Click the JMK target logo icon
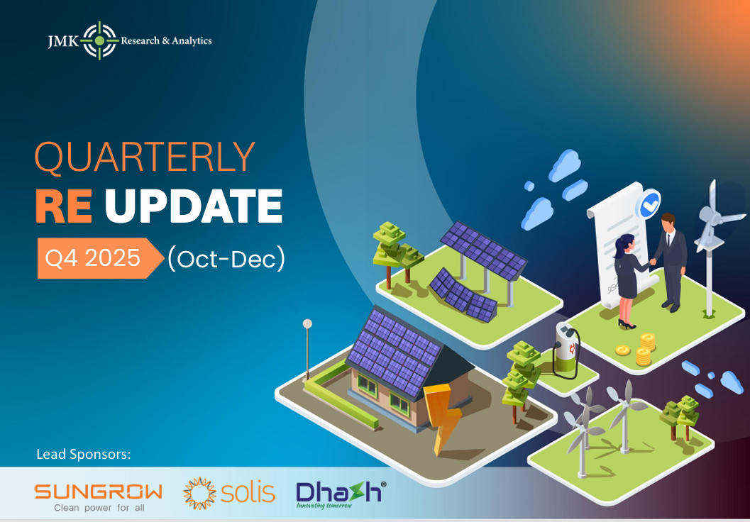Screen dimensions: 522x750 point(99,40)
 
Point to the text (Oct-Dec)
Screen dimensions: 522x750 point(226,259)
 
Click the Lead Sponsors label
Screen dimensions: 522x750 point(84,453)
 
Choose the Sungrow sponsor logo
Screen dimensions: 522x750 point(99,495)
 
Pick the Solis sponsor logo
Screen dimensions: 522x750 point(229,493)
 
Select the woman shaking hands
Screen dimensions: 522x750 point(626,280)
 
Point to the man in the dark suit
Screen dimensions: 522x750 point(669,259)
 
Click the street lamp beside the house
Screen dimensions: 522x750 point(307,351)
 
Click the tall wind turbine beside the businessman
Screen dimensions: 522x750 point(710,241)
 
